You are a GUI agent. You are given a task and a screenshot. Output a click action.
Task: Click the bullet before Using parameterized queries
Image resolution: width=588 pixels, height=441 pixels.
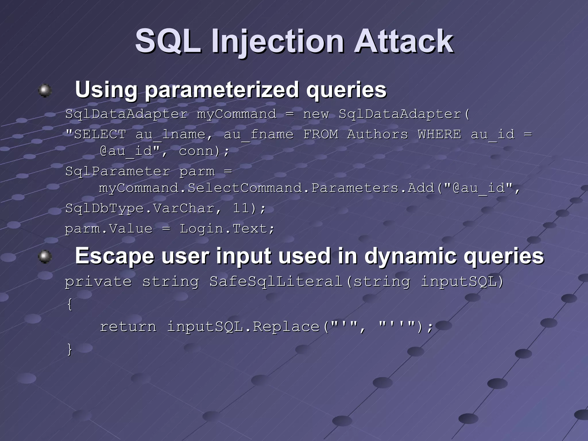pyautogui.click(x=45, y=90)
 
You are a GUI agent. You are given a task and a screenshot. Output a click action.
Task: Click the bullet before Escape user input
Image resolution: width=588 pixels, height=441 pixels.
pyautogui.click(x=45, y=256)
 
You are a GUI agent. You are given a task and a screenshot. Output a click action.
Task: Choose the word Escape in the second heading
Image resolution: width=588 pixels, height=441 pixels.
pyautogui.click(x=115, y=256)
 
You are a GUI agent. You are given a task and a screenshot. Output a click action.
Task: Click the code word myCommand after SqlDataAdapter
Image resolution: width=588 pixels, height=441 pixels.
pyautogui.click(x=237, y=114)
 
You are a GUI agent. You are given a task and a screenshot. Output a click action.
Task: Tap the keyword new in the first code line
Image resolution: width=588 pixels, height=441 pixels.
pyautogui.click(x=316, y=114)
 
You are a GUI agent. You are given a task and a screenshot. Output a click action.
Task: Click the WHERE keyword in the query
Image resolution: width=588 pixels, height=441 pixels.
pyautogui.click(x=439, y=134)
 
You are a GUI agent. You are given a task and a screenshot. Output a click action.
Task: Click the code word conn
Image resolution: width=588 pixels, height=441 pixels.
pyautogui.click(x=196, y=151)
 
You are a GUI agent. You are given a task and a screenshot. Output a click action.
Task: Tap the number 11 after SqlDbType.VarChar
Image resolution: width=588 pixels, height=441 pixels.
pyautogui.click(x=241, y=208)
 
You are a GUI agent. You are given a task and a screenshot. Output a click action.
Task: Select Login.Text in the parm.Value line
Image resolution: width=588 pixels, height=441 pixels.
pyautogui.click(x=227, y=229)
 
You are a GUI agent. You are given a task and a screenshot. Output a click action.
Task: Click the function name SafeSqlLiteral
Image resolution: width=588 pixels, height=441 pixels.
pyautogui.click(x=276, y=281)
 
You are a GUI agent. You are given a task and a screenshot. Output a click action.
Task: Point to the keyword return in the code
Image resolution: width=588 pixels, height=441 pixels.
pyautogui.click(x=128, y=327)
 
